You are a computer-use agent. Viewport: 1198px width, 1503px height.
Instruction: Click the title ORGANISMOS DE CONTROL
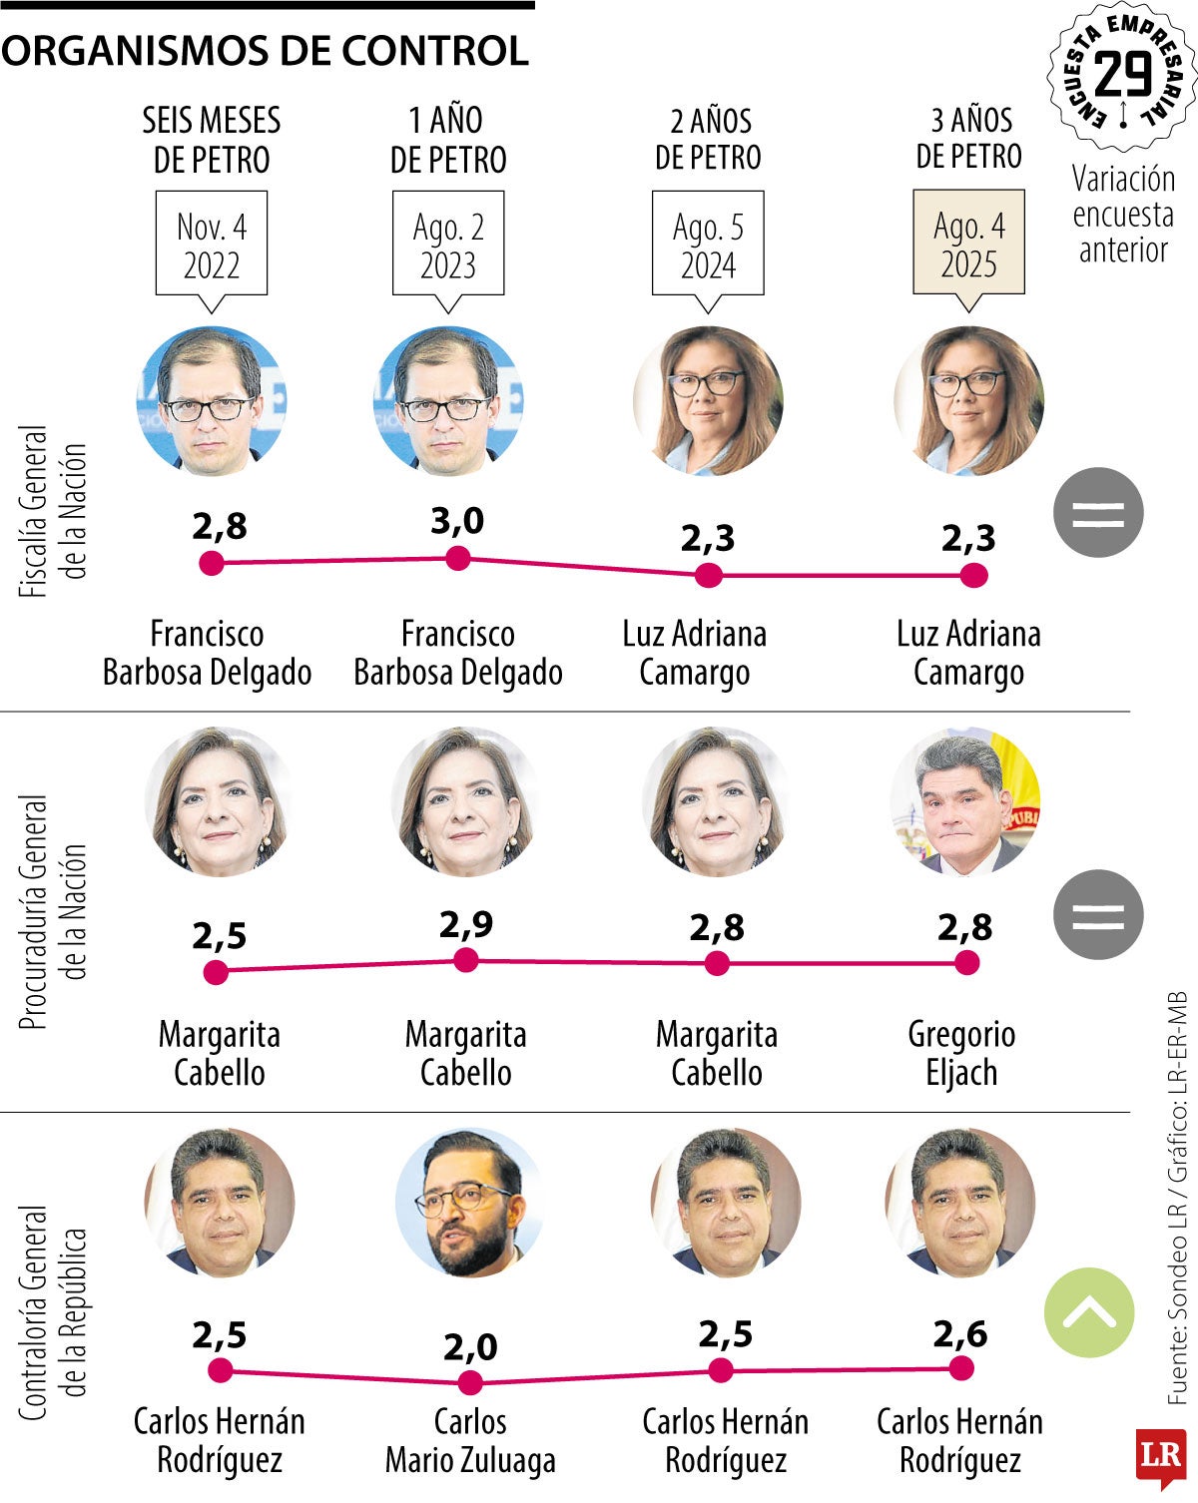(x=265, y=51)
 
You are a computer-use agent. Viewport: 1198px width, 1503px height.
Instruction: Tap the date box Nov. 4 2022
(x=212, y=245)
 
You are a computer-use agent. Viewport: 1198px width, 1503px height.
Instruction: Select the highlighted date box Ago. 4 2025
(x=968, y=245)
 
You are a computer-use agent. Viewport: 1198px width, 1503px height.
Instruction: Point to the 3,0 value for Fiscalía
(x=457, y=520)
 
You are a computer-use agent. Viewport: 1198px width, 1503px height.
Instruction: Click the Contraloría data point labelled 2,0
(x=470, y=1382)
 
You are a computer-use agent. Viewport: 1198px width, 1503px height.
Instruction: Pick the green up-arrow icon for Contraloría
(x=1089, y=1312)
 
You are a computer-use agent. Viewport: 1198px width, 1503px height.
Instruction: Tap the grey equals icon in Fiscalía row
(x=1098, y=512)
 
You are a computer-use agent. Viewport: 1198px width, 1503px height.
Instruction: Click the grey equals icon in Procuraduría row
(x=1098, y=914)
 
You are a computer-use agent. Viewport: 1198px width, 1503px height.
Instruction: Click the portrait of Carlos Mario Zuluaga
(x=469, y=1203)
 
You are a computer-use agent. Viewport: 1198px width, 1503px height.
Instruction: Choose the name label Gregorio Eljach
(x=961, y=1053)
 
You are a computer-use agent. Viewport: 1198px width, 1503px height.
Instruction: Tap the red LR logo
(x=1160, y=1455)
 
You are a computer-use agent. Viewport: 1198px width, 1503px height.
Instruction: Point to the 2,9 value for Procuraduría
(x=466, y=925)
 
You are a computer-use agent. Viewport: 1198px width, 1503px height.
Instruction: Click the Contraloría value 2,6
(x=960, y=1333)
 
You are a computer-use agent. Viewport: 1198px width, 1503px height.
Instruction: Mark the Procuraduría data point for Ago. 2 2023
(x=466, y=961)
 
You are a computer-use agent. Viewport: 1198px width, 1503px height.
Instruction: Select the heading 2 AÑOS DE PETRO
(x=708, y=139)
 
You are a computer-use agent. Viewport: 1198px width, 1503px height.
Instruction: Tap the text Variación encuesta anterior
(x=1123, y=214)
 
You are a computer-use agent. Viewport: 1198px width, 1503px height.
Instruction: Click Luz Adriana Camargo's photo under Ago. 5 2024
(x=708, y=401)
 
